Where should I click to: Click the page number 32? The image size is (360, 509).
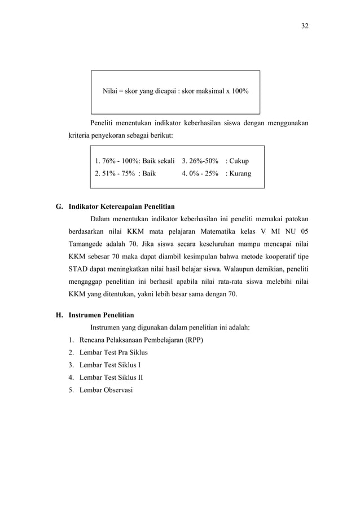[305, 26]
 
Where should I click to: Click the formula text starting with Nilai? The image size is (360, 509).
[175, 90]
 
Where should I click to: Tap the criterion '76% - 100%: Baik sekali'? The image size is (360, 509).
[135, 161]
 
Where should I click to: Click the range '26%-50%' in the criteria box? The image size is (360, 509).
[200, 161]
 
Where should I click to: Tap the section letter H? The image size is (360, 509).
[58, 315]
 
